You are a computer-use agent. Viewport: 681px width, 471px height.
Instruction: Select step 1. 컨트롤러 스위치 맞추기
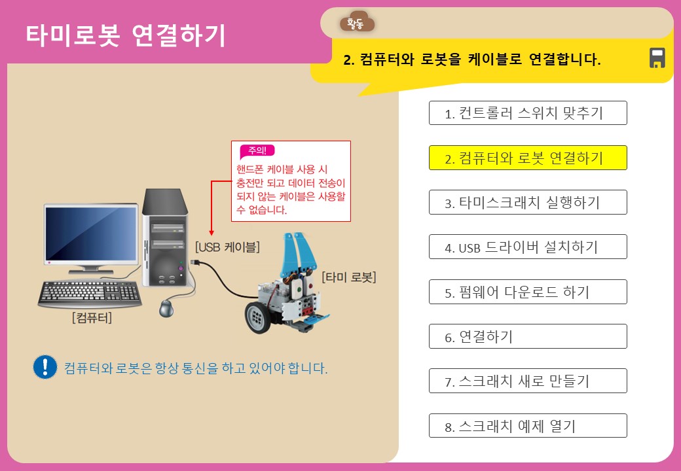528,113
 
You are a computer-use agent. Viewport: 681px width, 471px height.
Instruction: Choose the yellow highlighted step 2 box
528,158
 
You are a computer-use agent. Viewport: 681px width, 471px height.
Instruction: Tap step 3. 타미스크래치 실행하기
528,202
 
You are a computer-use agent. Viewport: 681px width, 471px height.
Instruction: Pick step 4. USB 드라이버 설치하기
528,247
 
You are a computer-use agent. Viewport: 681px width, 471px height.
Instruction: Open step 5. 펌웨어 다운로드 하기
528,292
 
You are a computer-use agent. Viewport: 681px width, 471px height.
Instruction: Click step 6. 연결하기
528,336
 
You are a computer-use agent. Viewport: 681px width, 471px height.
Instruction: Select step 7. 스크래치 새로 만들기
528,381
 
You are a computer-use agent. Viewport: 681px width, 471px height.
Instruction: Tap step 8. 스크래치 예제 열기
528,426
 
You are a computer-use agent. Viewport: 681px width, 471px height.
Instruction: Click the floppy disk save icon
657,58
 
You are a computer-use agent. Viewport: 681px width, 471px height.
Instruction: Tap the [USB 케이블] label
227,247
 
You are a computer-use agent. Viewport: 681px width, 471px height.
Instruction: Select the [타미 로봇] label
349,277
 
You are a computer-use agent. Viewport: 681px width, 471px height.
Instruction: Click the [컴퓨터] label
92,319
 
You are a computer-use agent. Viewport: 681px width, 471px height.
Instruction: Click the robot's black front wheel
257,317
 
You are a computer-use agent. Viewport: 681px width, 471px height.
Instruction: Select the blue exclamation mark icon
45,367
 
